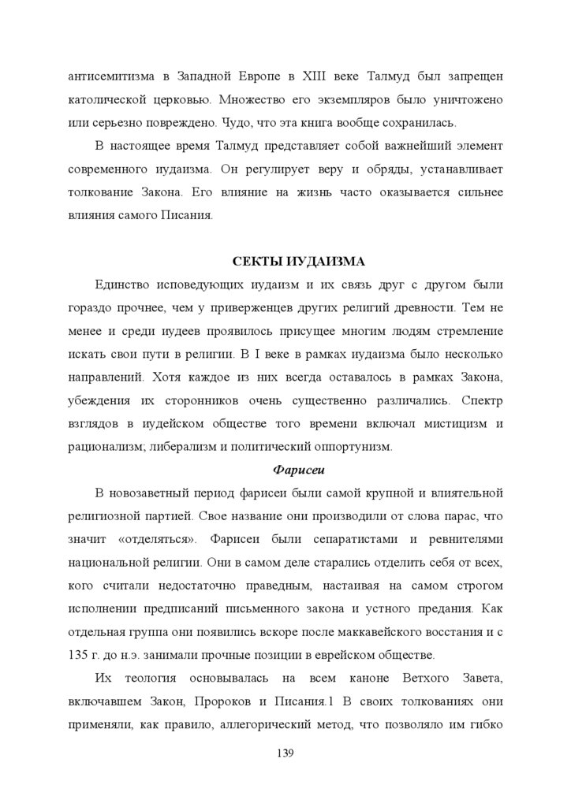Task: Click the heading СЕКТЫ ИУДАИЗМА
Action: tap(285, 261)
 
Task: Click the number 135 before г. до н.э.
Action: tap(79, 656)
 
